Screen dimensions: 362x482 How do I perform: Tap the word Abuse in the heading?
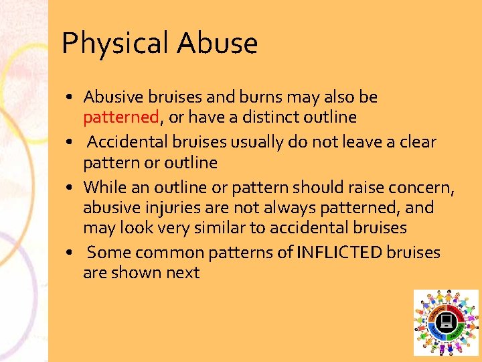(217, 44)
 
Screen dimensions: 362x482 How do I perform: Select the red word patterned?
(120, 117)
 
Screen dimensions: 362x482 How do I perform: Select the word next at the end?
(184, 273)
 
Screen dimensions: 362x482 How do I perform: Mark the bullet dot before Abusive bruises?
(70, 98)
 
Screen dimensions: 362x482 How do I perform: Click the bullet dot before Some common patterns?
(70, 253)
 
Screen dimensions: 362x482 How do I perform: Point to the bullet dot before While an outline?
(70, 188)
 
